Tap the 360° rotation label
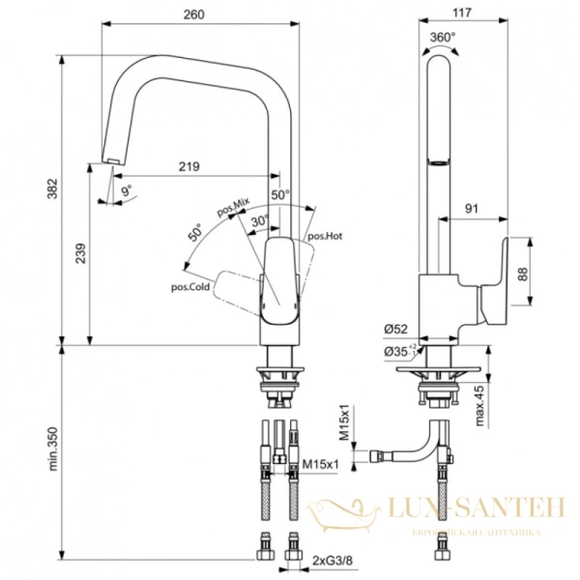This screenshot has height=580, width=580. pos(442,36)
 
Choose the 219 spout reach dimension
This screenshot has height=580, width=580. pos(188,166)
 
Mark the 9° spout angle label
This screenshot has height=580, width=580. pos(126,190)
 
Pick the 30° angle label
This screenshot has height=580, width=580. pos(260,221)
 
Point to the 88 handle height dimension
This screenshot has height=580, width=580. pos(522,275)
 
